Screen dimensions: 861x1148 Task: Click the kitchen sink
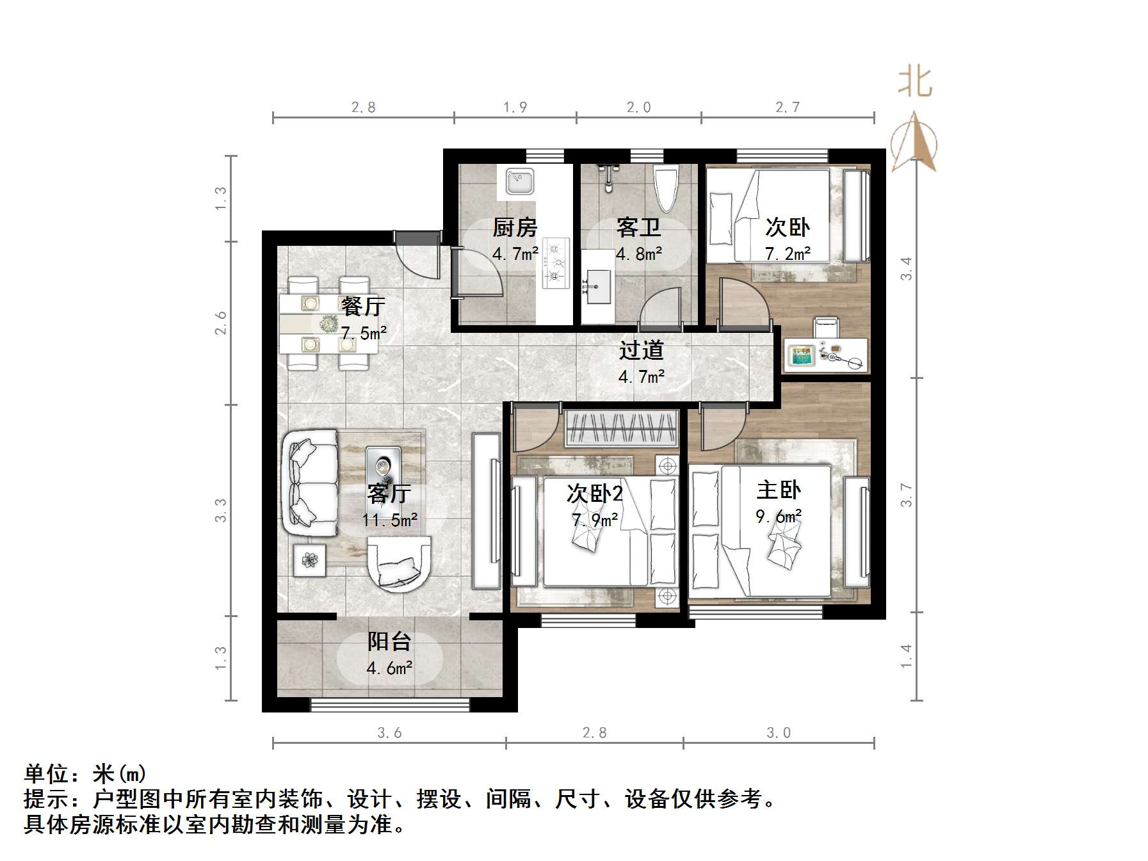coord(519,181)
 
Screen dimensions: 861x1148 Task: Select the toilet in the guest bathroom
coord(665,187)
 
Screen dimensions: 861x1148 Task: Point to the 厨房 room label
coord(514,227)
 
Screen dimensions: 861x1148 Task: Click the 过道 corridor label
coord(641,350)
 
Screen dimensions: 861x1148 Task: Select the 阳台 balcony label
coord(389,641)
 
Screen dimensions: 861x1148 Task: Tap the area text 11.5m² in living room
coord(389,520)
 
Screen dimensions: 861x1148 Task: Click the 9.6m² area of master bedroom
coord(778,516)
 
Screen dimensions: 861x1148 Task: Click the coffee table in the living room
coord(383,468)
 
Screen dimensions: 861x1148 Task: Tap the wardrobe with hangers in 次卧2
coord(620,428)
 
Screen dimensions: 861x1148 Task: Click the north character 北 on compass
coord(914,83)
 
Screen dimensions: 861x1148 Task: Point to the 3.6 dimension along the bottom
coord(389,733)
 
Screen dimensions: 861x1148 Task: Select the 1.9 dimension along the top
coord(515,108)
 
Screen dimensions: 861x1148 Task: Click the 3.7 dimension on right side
coord(905,494)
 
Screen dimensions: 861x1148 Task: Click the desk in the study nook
coord(825,355)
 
